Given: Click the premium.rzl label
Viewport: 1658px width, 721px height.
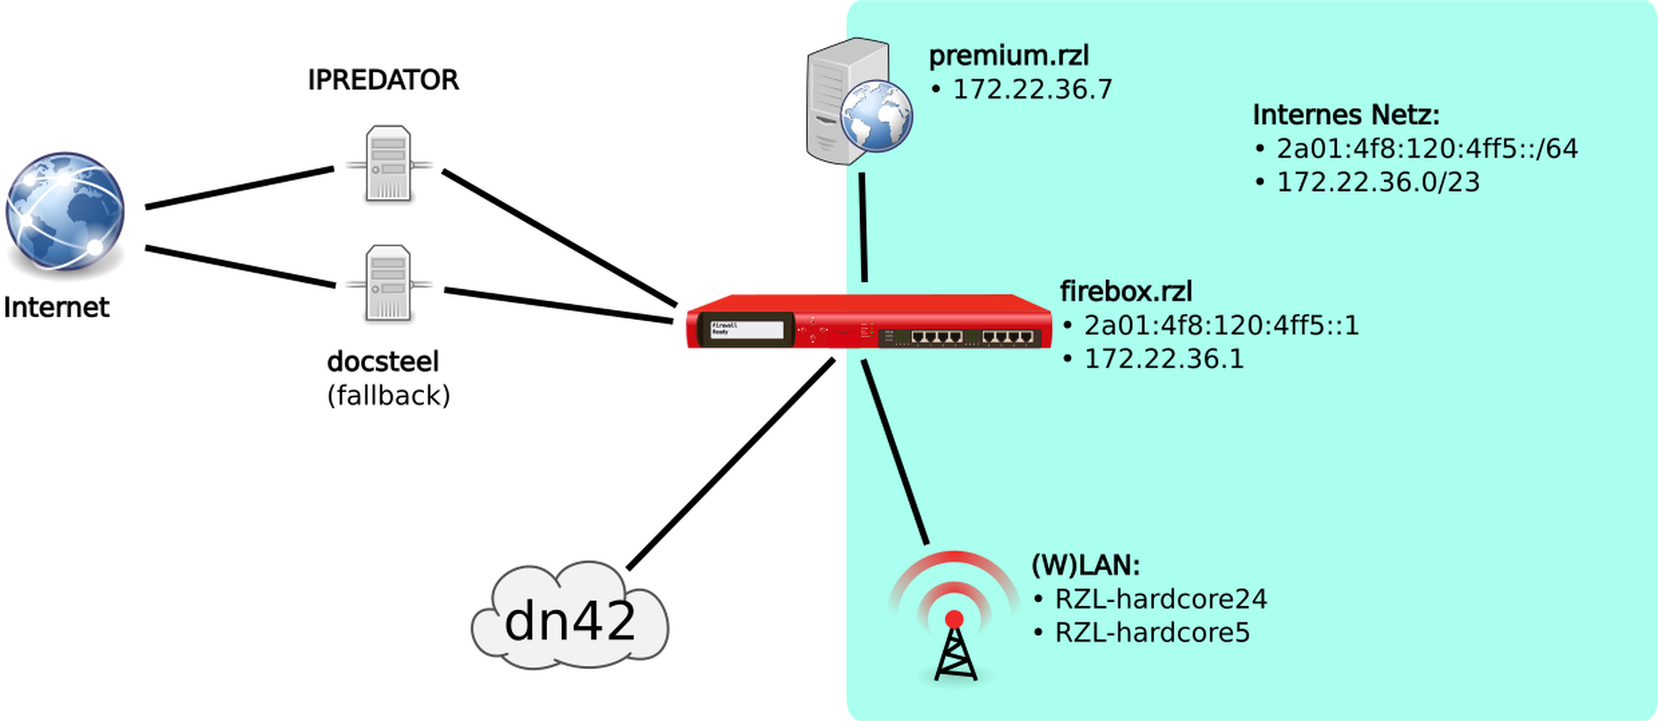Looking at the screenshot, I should [x=1008, y=56].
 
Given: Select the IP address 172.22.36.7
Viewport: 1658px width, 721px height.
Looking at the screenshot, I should [x=1032, y=89].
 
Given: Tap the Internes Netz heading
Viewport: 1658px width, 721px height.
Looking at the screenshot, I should [x=1345, y=115].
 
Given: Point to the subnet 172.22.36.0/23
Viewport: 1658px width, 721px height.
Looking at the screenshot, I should [x=1378, y=183].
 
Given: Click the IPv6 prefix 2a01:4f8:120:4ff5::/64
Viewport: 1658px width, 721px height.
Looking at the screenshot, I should [x=1427, y=149].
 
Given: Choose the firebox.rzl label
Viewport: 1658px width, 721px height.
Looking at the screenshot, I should [x=1126, y=292].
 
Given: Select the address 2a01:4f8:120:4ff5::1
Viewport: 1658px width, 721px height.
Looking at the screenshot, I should [x=1221, y=325].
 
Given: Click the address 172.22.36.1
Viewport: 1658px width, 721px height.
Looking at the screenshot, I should [x=1164, y=359].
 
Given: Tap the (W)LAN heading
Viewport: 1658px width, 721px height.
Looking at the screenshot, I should [x=1085, y=566].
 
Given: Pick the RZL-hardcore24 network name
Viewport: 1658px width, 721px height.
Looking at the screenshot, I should [x=1161, y=599].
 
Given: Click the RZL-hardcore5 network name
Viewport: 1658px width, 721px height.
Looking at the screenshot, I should [x=1152, y=632].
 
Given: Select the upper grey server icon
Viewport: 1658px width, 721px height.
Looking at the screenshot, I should [x=389, y=162].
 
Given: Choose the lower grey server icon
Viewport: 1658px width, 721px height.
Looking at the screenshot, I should [x=389, y=282].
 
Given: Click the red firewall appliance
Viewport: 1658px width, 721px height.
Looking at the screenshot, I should [x=867, y=323].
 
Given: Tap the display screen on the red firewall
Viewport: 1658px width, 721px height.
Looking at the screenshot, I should [x=747, y=328].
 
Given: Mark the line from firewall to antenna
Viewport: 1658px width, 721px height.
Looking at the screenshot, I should [x=895, y=453].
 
